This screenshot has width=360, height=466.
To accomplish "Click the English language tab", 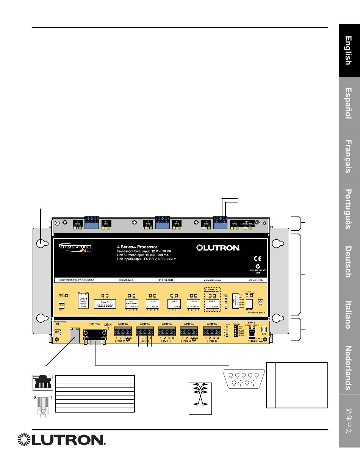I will coord(349,51).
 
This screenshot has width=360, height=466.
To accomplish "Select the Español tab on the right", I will coord(349,103).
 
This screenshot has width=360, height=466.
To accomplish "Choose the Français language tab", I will coord(349,156).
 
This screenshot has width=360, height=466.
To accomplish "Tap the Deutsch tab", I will coord(349,262).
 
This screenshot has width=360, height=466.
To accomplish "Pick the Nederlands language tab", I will coord(349,368).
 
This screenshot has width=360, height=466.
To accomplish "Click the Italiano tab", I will coord(349,314).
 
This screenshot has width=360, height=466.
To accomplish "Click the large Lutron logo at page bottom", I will coord(61,440).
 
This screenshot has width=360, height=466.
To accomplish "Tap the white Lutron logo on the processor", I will coord(218,248).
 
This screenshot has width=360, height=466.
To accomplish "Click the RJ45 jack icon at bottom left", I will coord(41,383).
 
